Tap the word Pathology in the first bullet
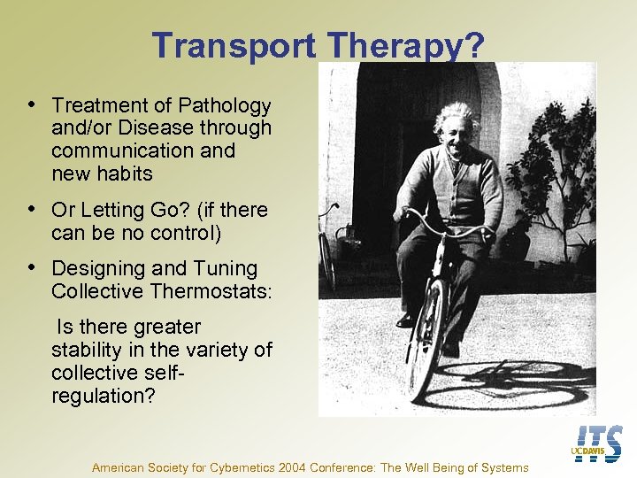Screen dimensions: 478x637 (226, 106)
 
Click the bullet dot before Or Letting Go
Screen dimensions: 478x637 (33, 209)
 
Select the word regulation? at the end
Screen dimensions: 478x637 (103, 395)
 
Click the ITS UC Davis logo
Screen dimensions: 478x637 (598, 443)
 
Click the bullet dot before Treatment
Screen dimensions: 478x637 (33, 104)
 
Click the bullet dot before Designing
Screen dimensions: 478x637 (33, 267)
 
